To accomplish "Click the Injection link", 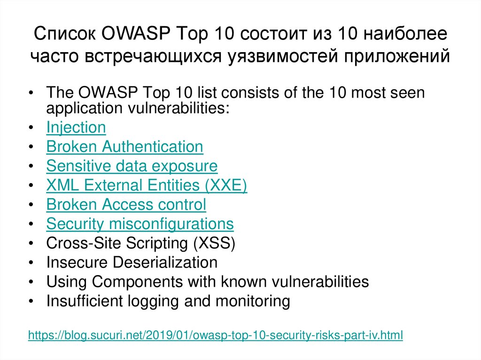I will click(x=76, y=128).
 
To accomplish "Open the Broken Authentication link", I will click(x=124, y=147).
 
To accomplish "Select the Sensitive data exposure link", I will click(x=132, y=166).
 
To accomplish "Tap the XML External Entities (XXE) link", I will click(x=147, y=185).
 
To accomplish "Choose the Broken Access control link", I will click(x=126, y=205).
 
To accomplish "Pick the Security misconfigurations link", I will click(x=140, y=224).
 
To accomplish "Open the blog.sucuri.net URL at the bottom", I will click(x=216, y=336).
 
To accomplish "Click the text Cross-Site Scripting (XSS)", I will click(x=140, y=243).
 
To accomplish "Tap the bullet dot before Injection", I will click(x=31, y=128).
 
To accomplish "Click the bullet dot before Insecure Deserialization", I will click(x=31, y=263).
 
